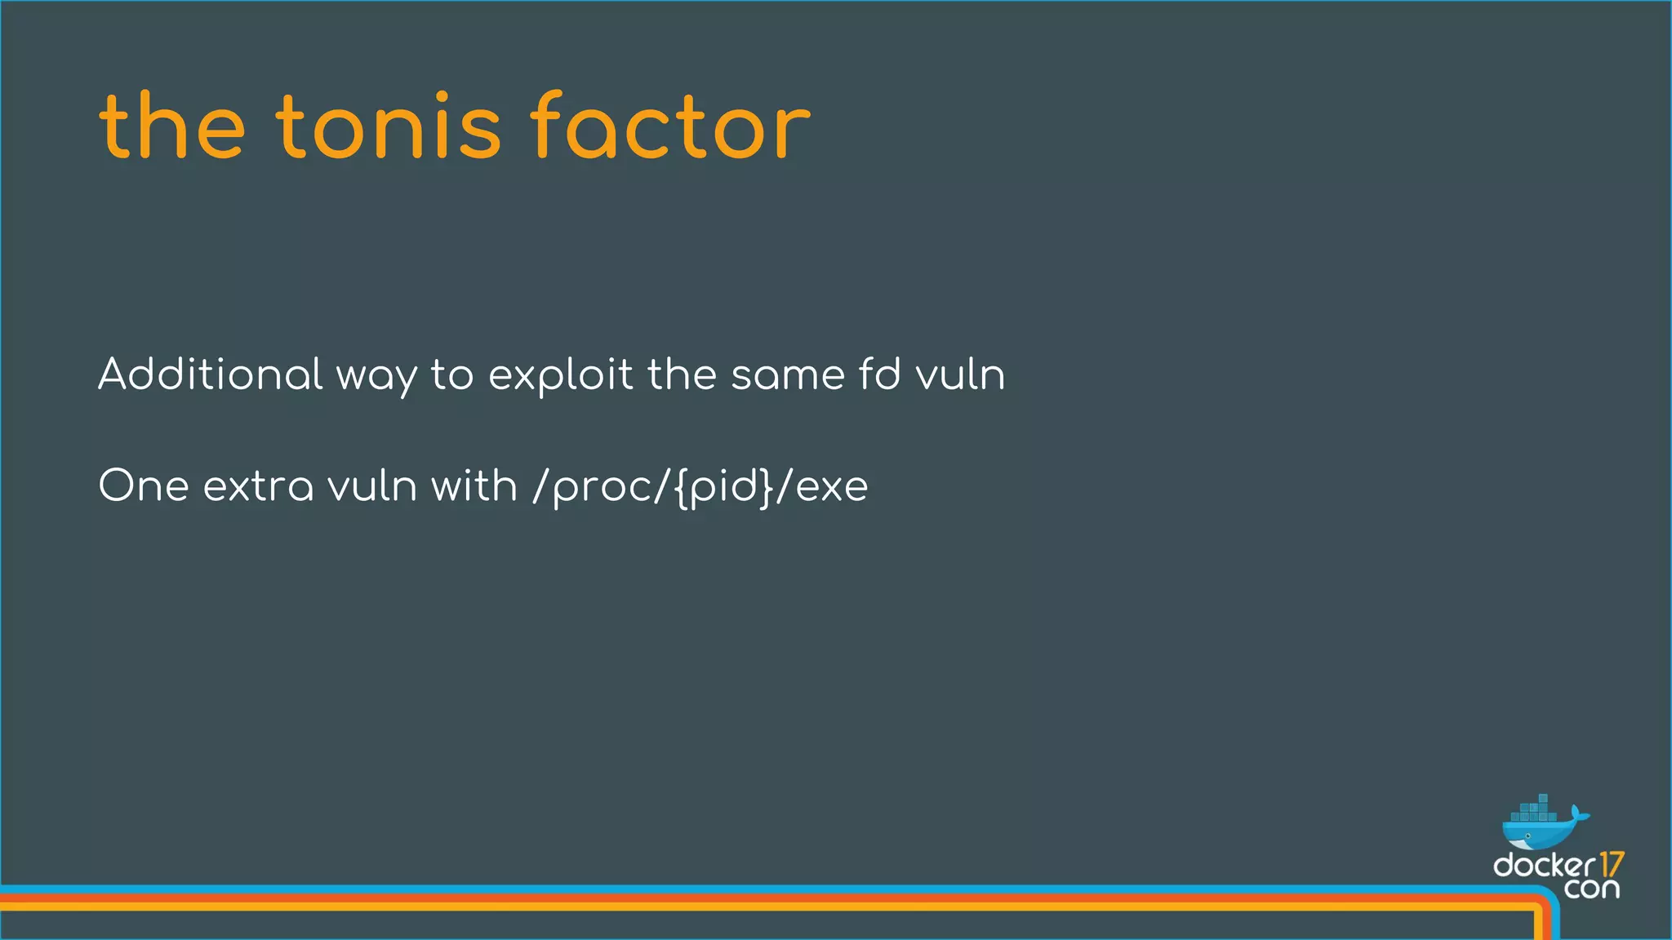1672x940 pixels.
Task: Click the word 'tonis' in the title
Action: pyautogui.click(x=388, y=127)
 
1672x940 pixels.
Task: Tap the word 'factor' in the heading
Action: pyautogui.click(x=670, y=126)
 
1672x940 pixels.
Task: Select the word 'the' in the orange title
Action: pyautogui.click(x=172, y=127)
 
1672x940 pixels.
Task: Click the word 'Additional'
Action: pyautogui.click(x=211, y=375)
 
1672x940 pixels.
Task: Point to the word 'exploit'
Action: pyautogui.click(x=560, y=375)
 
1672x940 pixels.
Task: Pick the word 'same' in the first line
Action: pyautogui.click(x=788, y=375)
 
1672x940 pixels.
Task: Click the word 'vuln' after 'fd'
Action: pyautogui.click(x=960, y=375)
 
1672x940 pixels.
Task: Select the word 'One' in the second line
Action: pyautogui.click(x=144, y=486)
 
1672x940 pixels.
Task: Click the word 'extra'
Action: pyautogui.click(x=258, y=486)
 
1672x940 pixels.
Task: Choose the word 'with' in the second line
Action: pyautogui.click(x=474, y=486)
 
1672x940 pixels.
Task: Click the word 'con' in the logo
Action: pyautogui.click(x=1591, y=888)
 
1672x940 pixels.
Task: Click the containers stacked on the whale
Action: pyautogui.click(x=1535, y=810)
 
